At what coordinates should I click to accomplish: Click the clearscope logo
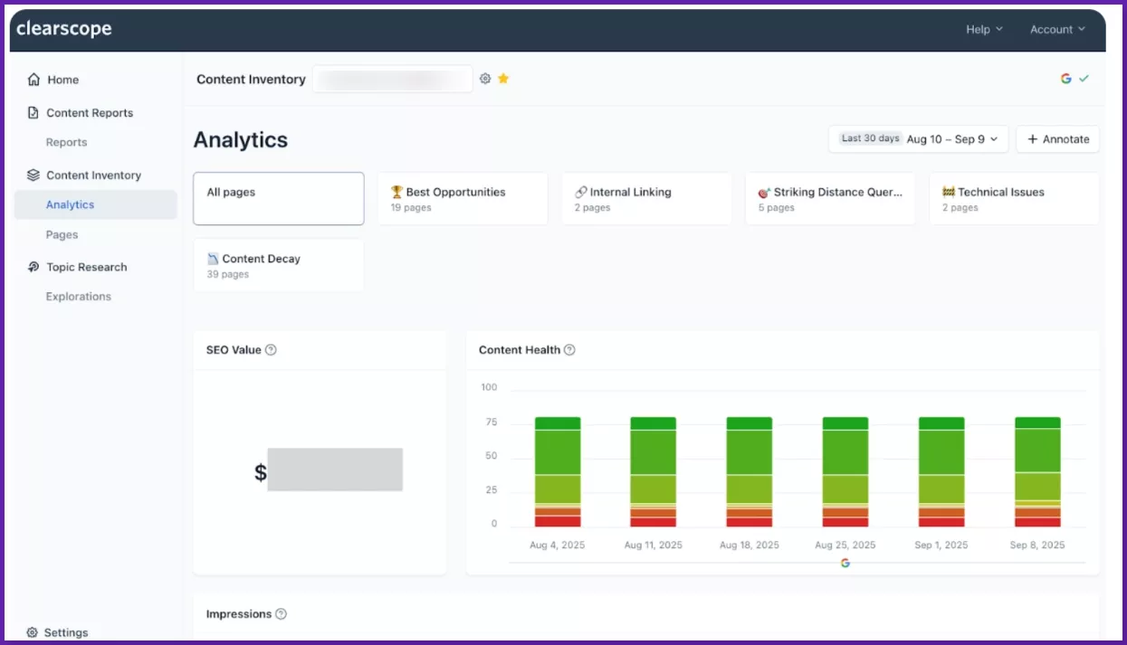[64, 29]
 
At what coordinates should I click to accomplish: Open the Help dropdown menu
[984, 30]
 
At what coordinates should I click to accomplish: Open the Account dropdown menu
[1056, 30]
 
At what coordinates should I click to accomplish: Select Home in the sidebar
[62, 80]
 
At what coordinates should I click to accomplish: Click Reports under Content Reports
[66, 142]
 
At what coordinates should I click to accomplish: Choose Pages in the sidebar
[62, 234]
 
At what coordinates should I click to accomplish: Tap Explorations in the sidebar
[78, 297]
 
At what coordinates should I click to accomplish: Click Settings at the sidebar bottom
[65, 632]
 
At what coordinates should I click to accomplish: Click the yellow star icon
[503, 79]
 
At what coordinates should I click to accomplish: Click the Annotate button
[1057, 139]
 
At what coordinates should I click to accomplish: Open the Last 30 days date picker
[918, 139]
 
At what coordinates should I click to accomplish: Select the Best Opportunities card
[462, 198]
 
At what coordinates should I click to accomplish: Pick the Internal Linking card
[646, 198]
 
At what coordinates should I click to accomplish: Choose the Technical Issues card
[1014, 198]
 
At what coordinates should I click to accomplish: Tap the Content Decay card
[278, 265]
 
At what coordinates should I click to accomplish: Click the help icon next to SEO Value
[271, 350]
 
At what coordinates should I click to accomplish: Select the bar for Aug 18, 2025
[749, 471]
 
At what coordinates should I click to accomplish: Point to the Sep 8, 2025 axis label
[1037, 545]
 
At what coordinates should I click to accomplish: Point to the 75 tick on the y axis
[491, 422]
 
